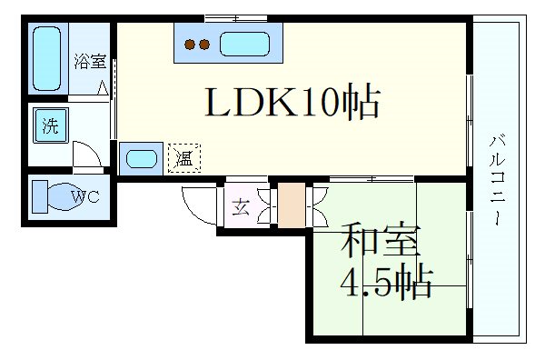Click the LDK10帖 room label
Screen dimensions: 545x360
pyautogui.click(x=292, y=101)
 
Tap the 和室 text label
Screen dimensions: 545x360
pyautogui.click(x=381, y=240)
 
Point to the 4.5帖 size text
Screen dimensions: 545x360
pyautogui.click(x=387, y=283)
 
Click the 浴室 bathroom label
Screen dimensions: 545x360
pyautogui.click(x=90, y=62)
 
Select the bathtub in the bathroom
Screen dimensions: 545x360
pyautogui.click(x=46, y=59)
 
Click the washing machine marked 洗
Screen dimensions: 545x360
pyautogui.click(x=51, y=125)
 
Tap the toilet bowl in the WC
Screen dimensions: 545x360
pyautogui.click(x=66, y=196)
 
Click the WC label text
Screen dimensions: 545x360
pyautogui.click(x=85, y=196)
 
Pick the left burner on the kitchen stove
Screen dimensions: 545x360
pyautogui.click(x=190, y=45)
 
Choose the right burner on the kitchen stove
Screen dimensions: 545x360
pyautogui.click(x=204, y=45)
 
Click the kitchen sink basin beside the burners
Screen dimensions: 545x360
pyautogui.click(x=244, y=45)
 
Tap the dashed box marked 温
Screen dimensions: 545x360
pyautogui.click(x=184, y=158)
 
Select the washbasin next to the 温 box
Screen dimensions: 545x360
pyautogui.click(x=142, y=158)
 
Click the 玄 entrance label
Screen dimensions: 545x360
pyautogui.click(x=241, y=207)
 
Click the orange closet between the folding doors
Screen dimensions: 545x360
pyautogui.click(x=292, y=205)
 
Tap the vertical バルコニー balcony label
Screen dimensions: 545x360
pyautogui.click(x=498, y=179)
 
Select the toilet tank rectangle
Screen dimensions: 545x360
pyautogui.click(x=40, y=196)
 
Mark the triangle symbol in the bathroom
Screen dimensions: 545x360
pyautogui.click(x=103, y=87)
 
